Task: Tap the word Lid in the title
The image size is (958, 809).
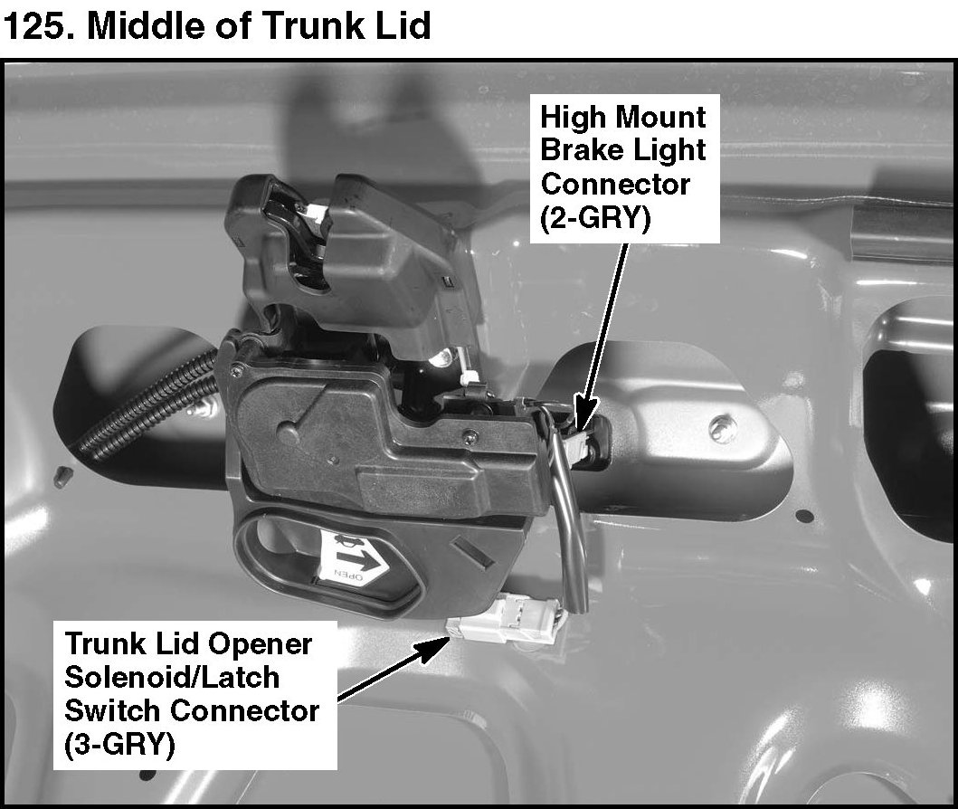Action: coord(396,25)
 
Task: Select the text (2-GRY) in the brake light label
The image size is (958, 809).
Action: coord(595,217)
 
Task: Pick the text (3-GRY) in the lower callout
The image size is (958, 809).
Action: coord(119,744)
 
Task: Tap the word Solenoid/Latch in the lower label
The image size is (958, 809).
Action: coord(172,677)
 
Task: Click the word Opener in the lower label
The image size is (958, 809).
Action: coord(260,644)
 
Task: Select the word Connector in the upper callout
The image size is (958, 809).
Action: coord(615,184)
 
